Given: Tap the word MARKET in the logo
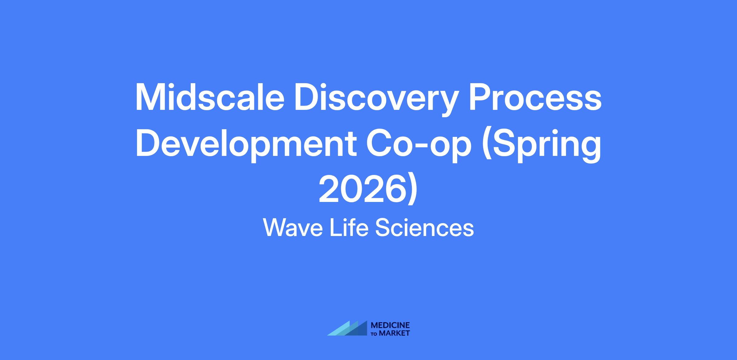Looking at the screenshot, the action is coord(394,333).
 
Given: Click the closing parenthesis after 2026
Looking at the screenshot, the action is coord(413,190).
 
